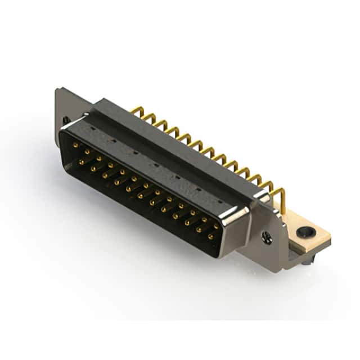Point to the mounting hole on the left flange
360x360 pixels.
[65, 120]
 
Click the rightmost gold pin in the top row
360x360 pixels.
[217, 226]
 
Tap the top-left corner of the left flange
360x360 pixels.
[57, 89]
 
